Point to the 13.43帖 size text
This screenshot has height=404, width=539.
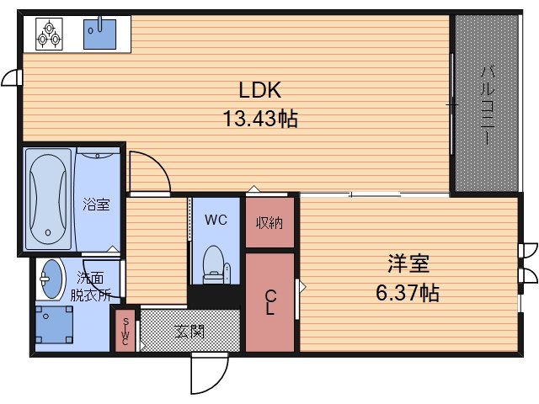(259, 119)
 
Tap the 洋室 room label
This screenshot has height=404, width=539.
(408, 264)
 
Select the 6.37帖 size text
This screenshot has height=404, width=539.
(408, 293)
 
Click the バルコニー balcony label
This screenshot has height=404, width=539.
(487, 104)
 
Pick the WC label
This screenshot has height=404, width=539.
(216, 221)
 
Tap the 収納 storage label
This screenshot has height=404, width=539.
(269, 223)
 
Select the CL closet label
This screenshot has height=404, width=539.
(270, 301)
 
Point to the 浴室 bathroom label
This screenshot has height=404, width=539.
(95, 205)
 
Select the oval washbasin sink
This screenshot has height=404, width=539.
(52, 279)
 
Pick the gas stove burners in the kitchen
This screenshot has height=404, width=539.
(49, 33)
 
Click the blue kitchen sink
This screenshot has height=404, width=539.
(99, 34)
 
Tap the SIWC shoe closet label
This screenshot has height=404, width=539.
(125, 330)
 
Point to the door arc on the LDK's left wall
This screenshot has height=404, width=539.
(11, 78)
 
